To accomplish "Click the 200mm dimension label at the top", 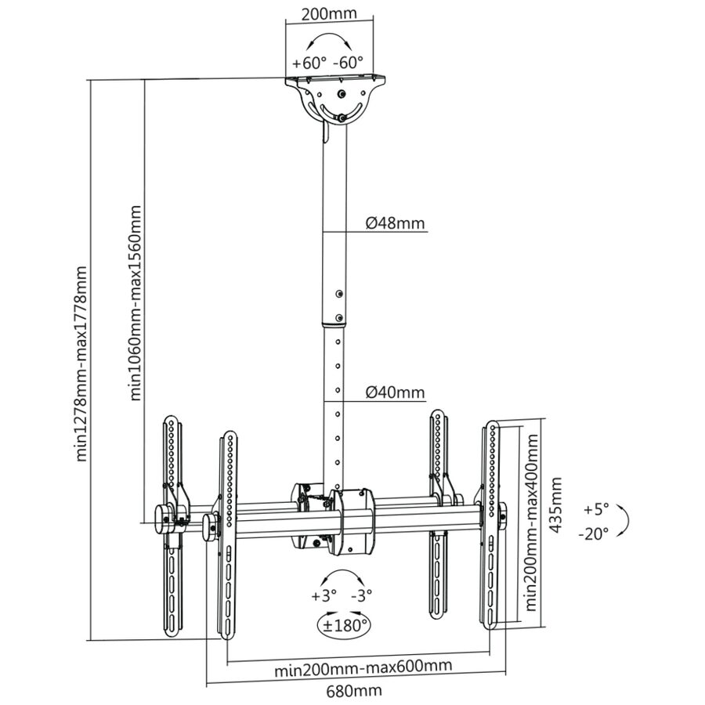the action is click(329, 14).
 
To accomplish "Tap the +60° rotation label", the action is click(309, 63).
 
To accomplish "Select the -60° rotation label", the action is click(348, 63).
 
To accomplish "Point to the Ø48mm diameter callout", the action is click(395, 222).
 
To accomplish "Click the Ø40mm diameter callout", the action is click(395, 392).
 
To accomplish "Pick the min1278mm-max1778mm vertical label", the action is click(81, 363).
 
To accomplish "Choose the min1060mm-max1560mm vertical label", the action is click(136, 302).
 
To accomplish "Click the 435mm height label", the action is click(556, 505).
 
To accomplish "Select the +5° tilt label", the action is click(596, 509).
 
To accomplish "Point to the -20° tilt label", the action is click(593, 533).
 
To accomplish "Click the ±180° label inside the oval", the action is click(345, 625).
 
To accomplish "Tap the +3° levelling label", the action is click(324, 596).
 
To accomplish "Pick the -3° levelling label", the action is click(361, 596).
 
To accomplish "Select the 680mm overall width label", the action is click(354, 690).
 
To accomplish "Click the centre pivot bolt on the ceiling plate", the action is click(342, 95).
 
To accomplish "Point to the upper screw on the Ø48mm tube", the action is click(339, 294).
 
